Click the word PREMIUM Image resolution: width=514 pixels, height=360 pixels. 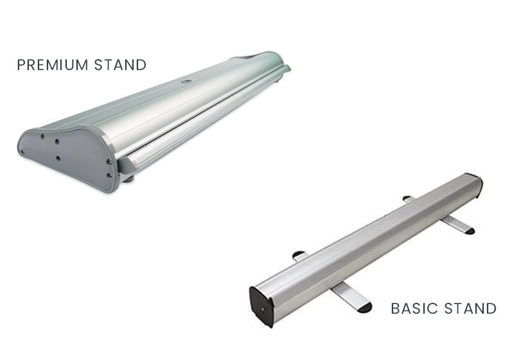(x=53, y=65)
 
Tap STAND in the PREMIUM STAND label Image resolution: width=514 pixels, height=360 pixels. (x=120, y=65)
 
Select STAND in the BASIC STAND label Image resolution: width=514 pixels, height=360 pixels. (x=470, y=309)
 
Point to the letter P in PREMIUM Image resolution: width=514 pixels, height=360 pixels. (x=21, y=65)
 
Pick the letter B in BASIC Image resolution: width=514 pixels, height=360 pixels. (x=395, y=309)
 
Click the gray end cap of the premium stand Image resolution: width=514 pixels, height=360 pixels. (x=67, y=157)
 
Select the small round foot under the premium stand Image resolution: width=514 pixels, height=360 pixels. (x=128, y=179)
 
